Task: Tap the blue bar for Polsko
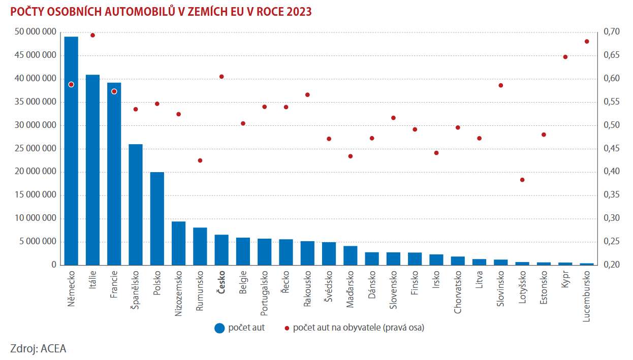pos(157,218)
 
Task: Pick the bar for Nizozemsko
pos(178,243)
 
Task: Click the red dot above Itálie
pos(92,35)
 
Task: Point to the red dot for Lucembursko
pos(587,41)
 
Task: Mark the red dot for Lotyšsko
pos(522,180)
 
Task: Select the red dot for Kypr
pos(565,57)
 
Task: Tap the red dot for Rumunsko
pos(200,160)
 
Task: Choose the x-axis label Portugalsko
pos(265,291)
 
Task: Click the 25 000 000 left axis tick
pos(36,149)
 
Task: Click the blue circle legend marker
pos(219,328)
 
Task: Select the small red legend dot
pos(287,328)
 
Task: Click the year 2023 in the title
pos(299,12)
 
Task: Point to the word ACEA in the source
pos(53,348)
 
